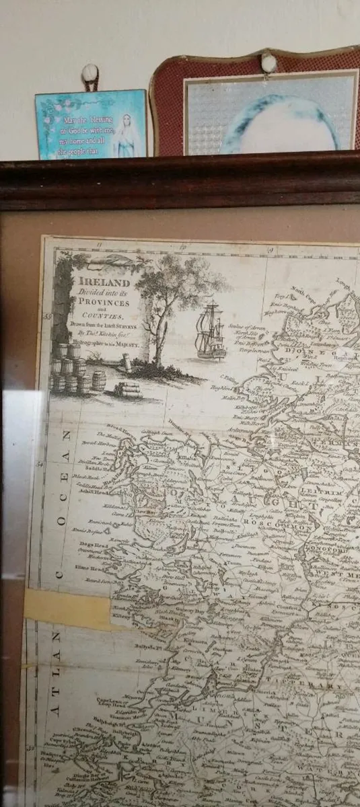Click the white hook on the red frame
pyautogui.click(x=269, y=63)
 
